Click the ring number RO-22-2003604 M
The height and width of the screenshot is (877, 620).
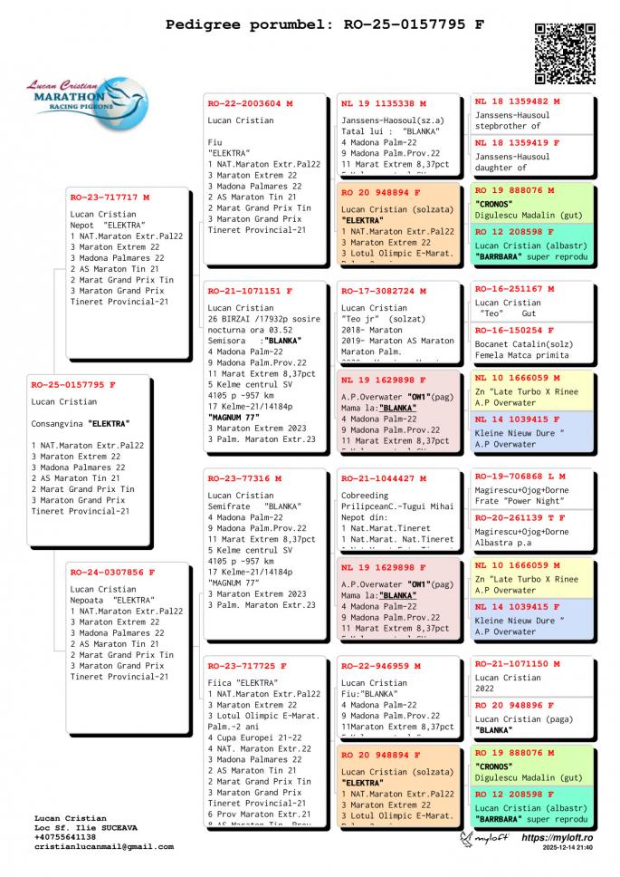point(250,103)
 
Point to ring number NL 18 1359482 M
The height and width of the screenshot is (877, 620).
point(517,101)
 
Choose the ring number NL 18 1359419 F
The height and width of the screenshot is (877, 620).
point(517,142)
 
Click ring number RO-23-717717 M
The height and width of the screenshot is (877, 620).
point(110,197)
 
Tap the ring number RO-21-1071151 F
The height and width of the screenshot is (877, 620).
point(250,293)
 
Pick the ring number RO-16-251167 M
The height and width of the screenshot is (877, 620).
point(514,289)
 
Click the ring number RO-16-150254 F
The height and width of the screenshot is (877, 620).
point(514,331)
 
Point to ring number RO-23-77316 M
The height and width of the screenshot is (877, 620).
point(244,478)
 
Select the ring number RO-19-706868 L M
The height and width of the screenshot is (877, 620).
point(520,476)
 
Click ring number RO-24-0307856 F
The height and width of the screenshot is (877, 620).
point(112,572)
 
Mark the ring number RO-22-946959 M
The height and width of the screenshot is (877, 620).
point(380,666)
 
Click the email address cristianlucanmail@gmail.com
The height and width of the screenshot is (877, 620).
point(104,847)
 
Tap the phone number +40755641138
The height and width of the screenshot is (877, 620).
point(65,837)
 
